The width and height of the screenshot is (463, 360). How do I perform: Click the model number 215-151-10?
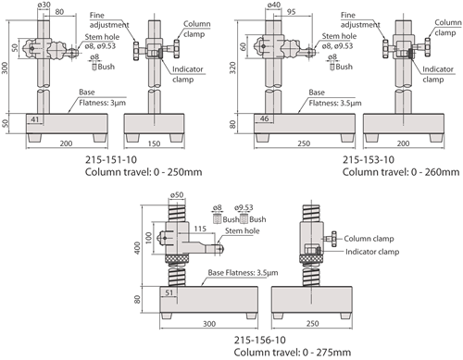click(x=111, y=160)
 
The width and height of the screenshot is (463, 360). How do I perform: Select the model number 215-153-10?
click(x=369, y=160)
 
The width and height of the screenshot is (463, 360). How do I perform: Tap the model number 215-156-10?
click(x=260, y=340)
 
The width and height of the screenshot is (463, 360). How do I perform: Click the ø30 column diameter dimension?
click(x=44, y=5)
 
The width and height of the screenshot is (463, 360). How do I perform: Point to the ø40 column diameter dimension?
click(x=274, y=5)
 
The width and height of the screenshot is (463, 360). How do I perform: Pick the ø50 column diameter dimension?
click(x=177, y=194)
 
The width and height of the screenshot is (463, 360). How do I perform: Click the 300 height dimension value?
click(x=5, y=68)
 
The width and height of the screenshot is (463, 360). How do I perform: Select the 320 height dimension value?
click(x=232, y=68)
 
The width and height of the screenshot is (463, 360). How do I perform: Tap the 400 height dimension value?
click(x=137, y=248)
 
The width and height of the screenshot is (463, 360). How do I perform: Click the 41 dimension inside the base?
click(x=35, y=119)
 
